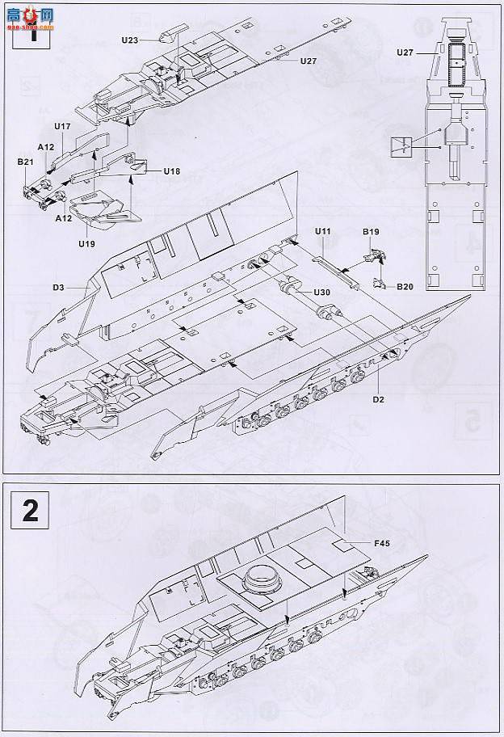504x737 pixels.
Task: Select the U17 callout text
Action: coord(62,127)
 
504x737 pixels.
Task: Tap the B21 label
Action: coord(25,162)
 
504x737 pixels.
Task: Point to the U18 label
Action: coord(171,171)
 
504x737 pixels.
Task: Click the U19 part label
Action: coord(86,242)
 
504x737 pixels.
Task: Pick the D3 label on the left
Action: coord(59,286)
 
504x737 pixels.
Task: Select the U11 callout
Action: coord(323,232)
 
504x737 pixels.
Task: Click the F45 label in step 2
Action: coord(382,544)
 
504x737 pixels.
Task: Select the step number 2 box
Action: coord(30,510)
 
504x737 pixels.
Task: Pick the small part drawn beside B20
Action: coord(380,283)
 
